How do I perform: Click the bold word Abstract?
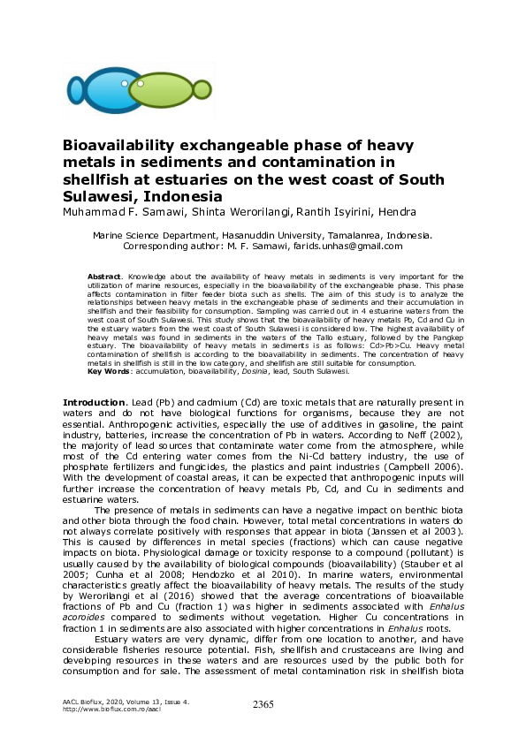coord(105,277)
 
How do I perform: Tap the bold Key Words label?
coord(107,372)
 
